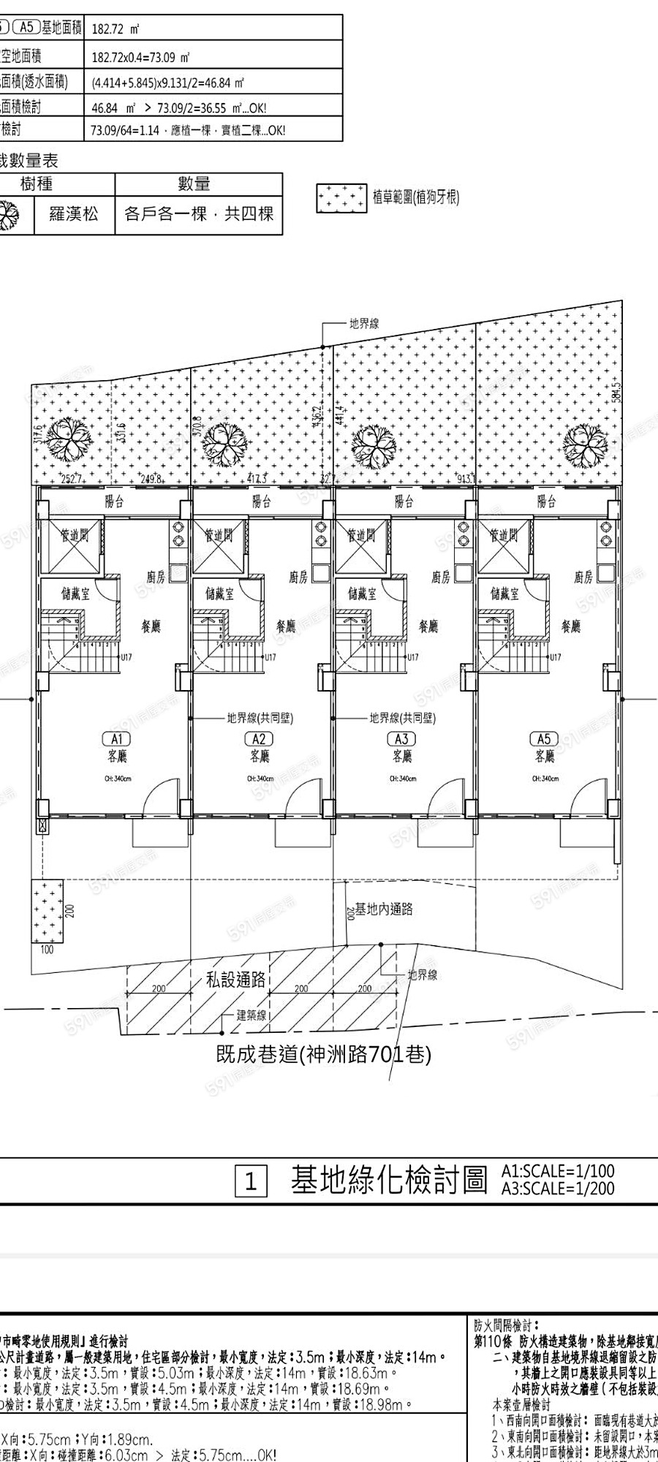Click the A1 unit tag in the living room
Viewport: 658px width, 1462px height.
(117, 739)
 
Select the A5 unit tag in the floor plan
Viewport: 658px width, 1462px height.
(544, 739)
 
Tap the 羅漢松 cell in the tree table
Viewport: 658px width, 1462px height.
(74, 214)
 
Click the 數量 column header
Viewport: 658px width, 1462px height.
(194, 183)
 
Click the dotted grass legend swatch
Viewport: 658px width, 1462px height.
(341, 197)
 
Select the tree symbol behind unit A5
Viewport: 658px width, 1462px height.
(586, 444)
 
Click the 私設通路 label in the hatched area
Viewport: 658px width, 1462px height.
(235, 980)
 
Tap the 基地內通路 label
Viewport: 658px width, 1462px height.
(384, 909)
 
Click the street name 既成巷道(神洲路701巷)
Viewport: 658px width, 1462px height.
(324, 1054)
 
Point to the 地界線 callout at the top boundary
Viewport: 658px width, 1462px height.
(364, 324)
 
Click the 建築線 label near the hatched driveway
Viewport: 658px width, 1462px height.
(252, 1015)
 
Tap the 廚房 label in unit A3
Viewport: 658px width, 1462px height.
(441, 577)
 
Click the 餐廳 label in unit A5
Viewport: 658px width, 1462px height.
(571, 626)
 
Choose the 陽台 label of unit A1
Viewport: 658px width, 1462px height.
(115, 501)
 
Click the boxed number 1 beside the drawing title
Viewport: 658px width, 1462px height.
(250, 1182)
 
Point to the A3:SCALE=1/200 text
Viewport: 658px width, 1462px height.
(558, 1189)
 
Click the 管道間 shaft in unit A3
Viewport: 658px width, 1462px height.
(361, 536)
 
